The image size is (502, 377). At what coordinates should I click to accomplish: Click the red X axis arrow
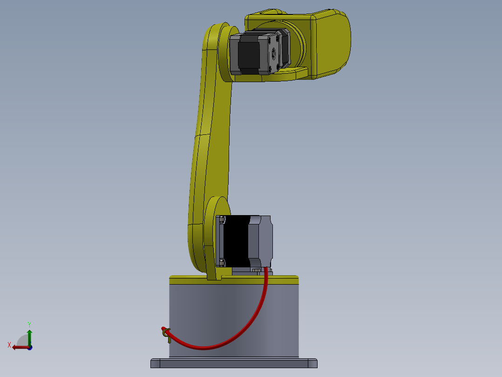(19, 347)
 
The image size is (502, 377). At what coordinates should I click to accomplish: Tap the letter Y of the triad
(29, 323)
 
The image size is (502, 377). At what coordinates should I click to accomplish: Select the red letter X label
(9, 345)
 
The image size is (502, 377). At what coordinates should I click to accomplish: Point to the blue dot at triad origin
(30, 347)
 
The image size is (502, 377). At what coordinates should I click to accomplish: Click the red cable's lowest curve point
(205, 347)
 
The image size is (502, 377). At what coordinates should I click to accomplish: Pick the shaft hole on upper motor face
(274, 52)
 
